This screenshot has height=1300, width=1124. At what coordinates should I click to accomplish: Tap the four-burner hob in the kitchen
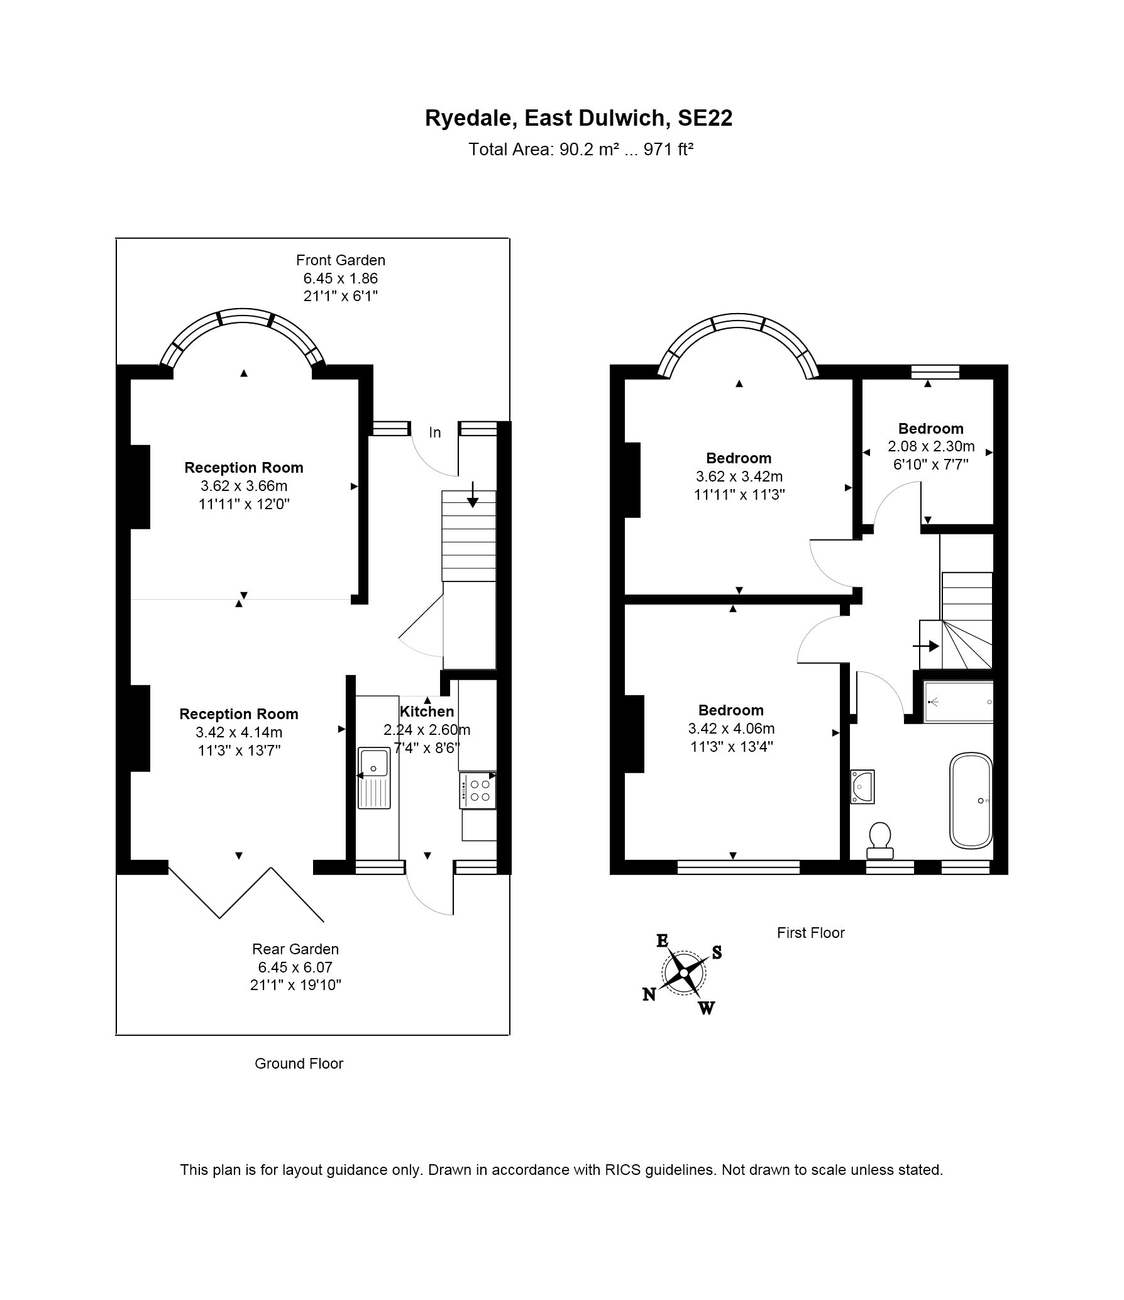[478, 791]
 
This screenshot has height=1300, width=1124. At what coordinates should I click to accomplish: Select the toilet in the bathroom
[879, 840]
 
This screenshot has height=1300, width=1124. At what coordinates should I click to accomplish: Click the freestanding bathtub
[971, 800]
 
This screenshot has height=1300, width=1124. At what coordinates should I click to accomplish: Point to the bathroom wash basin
[862, 786]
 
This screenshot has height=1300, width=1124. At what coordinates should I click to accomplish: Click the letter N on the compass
[649, 994]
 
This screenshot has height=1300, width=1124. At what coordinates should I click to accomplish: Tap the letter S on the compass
[717, 952]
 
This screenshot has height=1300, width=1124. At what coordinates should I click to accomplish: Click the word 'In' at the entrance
[435, 432]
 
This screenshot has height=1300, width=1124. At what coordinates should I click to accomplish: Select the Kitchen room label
[427, 711]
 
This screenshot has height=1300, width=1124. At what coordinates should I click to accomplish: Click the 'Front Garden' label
[341, 260]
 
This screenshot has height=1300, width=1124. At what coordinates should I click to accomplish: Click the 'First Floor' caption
[810, 932]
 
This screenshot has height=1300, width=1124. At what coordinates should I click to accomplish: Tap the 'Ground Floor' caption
[299, 1063]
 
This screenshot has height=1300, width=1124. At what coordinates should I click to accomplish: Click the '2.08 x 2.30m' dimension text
[931, 446]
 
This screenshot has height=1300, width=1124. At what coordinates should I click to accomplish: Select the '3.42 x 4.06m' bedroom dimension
[731, 729]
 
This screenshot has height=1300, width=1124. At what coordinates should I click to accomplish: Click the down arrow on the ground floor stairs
[473, 494]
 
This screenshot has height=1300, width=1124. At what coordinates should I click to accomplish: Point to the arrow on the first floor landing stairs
[926, 646]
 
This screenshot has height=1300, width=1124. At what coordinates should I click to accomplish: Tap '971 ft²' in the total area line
[668, 150]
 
